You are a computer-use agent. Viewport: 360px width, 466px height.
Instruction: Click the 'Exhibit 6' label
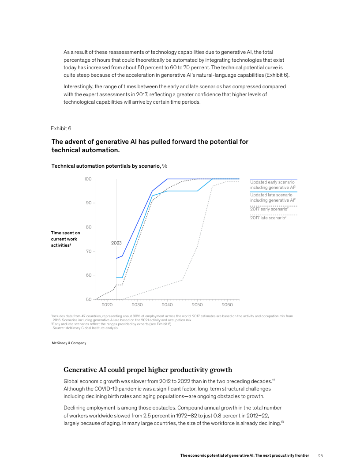61,128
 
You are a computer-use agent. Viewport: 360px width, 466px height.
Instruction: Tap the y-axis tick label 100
87,179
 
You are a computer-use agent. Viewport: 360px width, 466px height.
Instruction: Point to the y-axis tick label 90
88,203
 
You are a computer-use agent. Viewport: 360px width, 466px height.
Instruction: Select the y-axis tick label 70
88,251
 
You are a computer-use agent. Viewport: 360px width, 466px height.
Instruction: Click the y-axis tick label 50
88,299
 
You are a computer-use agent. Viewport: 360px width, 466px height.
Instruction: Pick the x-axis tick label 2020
107,305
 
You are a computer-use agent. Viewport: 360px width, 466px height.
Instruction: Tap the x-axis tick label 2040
167,305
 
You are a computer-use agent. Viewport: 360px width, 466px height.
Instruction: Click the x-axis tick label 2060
227,305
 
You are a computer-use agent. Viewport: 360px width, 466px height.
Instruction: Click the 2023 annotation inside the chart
116,243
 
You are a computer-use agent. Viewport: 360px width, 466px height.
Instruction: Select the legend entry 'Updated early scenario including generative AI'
273,185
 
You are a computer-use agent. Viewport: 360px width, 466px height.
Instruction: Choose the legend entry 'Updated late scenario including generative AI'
273,197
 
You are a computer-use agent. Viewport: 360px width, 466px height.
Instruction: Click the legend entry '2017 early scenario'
269,209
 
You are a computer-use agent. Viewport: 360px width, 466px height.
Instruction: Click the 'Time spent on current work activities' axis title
65,239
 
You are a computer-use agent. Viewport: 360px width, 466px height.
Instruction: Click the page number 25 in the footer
321,455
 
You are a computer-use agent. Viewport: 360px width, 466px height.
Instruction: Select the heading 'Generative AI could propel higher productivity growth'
148,370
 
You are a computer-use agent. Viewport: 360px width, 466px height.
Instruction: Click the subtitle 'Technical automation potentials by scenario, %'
109,166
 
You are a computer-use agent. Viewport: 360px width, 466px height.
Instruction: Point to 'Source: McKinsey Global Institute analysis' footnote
85,328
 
